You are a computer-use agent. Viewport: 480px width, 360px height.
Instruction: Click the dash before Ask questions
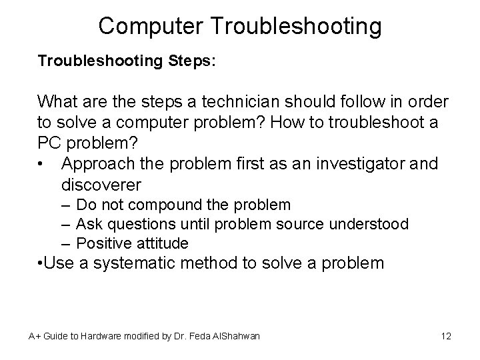(67, 224)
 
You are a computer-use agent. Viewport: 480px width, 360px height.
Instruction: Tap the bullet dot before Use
(41, 263)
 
